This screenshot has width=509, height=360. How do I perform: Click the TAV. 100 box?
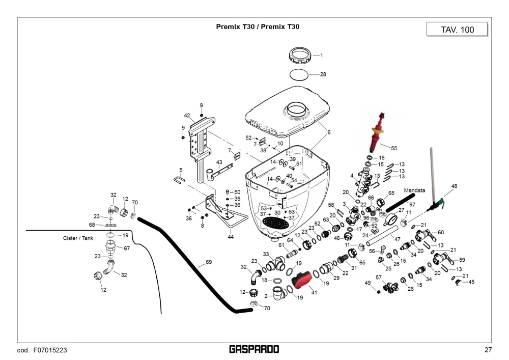(457, 29)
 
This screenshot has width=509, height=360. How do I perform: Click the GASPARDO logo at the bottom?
(254, 349)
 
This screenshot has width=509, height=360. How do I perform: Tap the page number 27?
(488, 350)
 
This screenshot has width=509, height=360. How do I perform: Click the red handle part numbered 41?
(302, 281)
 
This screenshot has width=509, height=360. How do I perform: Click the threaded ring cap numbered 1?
(300, 55)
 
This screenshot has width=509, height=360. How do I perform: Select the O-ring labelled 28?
(299, 74)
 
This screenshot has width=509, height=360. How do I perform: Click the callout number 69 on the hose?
(209, 262)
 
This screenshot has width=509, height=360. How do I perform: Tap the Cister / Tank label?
(78, 238)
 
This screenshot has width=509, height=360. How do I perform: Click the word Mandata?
(414, 190)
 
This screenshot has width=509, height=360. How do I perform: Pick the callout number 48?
(454, 186)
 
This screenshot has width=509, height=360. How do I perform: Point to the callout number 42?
(187, 115)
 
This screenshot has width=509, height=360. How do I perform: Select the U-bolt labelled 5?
(179, 179)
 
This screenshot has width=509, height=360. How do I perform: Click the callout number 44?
(231, 237)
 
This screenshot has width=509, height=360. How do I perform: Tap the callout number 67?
(127, 248)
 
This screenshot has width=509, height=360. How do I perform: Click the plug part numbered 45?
(459, 282)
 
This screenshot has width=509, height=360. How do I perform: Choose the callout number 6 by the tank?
(329, 132)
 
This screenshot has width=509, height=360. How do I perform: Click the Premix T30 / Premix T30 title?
(258, 26)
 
